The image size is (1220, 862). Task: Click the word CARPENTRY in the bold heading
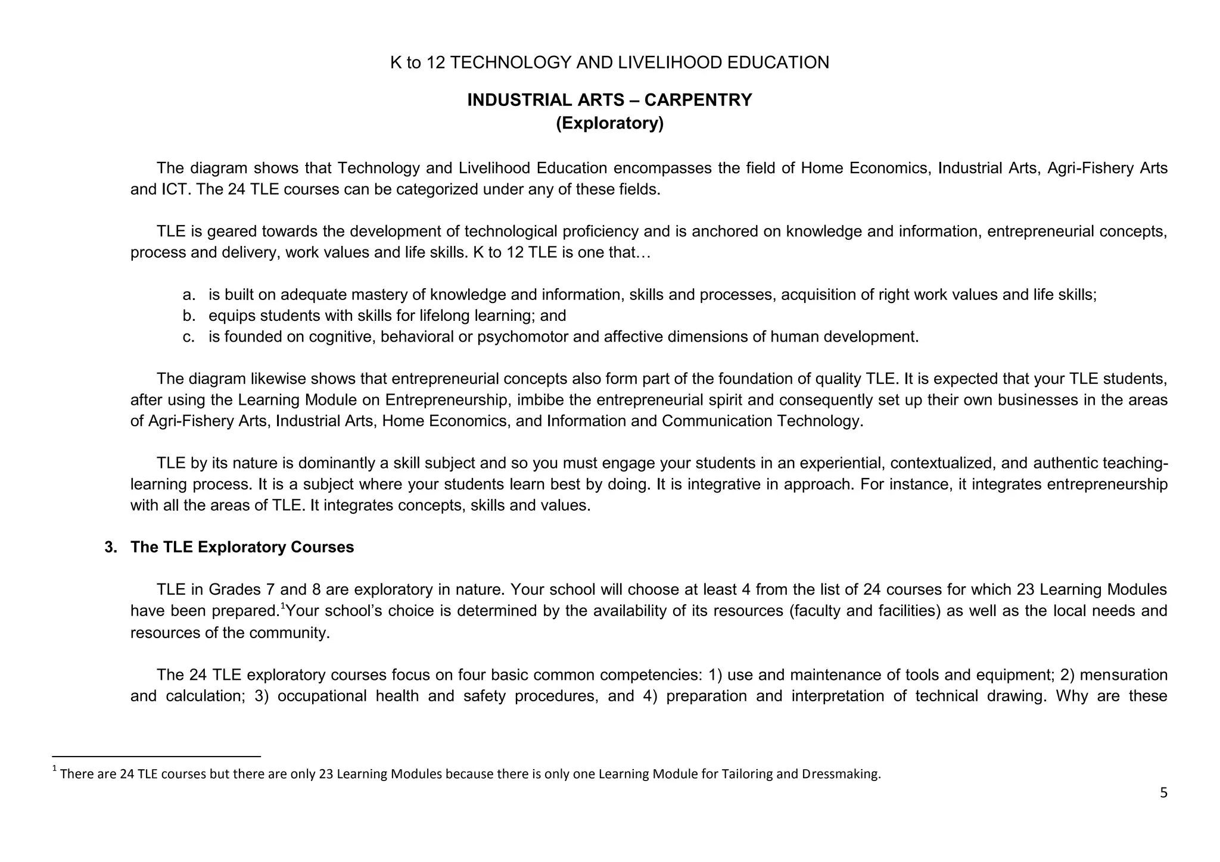pos(698,100)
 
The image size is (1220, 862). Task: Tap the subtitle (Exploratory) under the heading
pos(609,123)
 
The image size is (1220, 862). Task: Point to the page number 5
pos(1163,793)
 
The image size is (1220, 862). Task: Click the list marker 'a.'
pos(189,295)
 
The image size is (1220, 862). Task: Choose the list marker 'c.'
pos(189,337)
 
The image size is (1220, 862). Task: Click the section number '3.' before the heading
pos(111,547)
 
